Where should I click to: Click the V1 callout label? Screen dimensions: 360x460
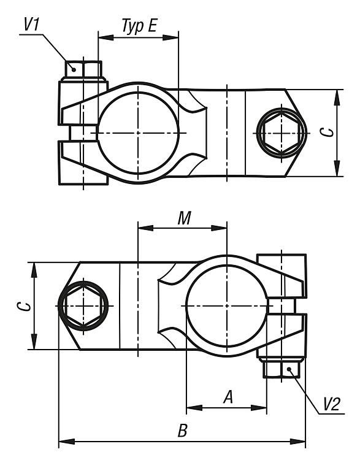coord(31,25)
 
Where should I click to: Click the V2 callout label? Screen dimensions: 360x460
coord(332,405)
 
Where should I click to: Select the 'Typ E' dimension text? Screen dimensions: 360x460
coord(139,26)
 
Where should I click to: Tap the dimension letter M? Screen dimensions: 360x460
coord(184,218)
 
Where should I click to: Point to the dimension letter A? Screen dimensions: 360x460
coord(228,397)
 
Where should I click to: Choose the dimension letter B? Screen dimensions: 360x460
coord(183,431)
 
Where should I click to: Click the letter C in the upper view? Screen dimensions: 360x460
coord(326,132)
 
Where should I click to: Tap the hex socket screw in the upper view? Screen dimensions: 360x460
coord(281,133)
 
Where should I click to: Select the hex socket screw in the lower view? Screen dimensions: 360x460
coord(83,306)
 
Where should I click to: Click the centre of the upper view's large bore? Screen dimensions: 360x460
coord(138,133)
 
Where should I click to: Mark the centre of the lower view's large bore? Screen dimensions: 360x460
coord(227,306)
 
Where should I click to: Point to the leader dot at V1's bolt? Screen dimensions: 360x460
coord(74,69)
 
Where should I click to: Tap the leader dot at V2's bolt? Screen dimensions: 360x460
coord(289,369)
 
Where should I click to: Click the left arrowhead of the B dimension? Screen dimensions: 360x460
coord(67,441)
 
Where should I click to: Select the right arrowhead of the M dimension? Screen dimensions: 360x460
coord(219,228)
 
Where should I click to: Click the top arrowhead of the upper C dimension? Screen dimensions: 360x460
coord(337,97)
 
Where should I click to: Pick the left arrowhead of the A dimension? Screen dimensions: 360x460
coord(194,408)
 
